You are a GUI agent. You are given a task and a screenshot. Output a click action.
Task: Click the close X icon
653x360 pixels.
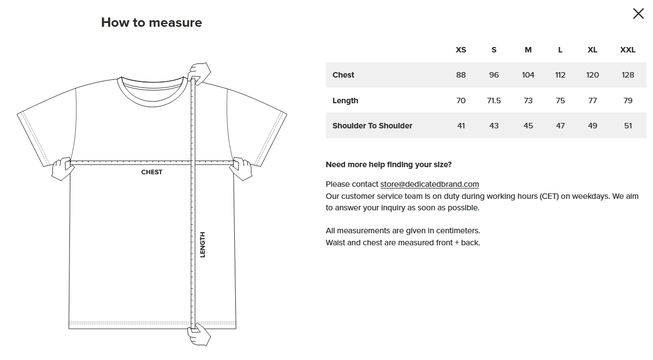click(x=638, y=14)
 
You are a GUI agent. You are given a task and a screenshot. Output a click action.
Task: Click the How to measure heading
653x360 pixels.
click(x=152, y=22)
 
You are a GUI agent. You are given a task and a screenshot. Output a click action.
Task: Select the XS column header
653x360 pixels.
click(x=461, y=50)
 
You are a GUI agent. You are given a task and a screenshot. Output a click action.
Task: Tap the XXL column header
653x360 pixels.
click(x=627, y=50)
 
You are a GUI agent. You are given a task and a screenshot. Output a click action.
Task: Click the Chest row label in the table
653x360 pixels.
click(x=343, y=75)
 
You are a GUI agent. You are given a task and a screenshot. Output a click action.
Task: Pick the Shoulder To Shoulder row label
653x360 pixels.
click(x=372, y=126)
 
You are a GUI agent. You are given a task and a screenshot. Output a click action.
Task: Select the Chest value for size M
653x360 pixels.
click(x=528, y=75)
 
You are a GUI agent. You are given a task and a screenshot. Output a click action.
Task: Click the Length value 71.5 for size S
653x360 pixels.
click(x=494, y=101)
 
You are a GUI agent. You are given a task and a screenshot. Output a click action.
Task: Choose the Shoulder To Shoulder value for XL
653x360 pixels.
click(x=592, y=126)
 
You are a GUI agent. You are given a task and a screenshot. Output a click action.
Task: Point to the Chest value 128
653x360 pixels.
click(x=627, y=75)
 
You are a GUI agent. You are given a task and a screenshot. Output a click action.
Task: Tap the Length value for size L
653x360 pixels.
click(x=560, y=101)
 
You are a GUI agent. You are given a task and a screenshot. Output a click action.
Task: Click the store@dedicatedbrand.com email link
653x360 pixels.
click(x=429, y=184)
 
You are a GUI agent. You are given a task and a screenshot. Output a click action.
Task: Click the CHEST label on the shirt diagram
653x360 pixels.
click(x=152, y=172)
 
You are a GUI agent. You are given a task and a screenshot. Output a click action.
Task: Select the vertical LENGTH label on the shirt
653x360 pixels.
click(x=203, y=245)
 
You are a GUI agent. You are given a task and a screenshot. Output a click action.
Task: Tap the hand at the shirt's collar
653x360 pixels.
click(x=199, y=73)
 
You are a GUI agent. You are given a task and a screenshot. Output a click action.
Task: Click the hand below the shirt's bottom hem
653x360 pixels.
click(x=199, y=335)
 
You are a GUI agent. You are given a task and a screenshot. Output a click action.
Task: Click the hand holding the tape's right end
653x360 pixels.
click(x=242, y=168)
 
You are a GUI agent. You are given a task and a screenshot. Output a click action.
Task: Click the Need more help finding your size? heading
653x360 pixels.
click(x=389, y=164)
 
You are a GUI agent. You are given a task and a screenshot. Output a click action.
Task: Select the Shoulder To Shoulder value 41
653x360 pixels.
click(x=461, y=126)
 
